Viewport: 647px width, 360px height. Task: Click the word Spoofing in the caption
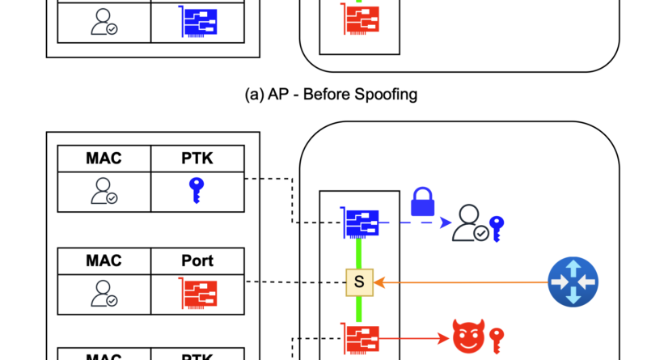point(385,94)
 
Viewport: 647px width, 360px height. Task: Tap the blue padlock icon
point(424,201)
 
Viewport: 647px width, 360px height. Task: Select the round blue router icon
point(572,282)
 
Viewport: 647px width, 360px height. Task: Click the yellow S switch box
point(359,282)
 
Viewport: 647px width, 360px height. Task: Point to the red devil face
point(465,335)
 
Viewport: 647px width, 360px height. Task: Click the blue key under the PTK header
point(197,191)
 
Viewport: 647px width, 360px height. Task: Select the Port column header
point(197,260)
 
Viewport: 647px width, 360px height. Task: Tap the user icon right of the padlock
point(469,223)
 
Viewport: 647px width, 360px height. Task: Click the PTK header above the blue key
point(197,158)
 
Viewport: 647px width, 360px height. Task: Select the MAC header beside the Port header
point(104,260)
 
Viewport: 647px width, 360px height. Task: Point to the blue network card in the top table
point(197,23)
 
